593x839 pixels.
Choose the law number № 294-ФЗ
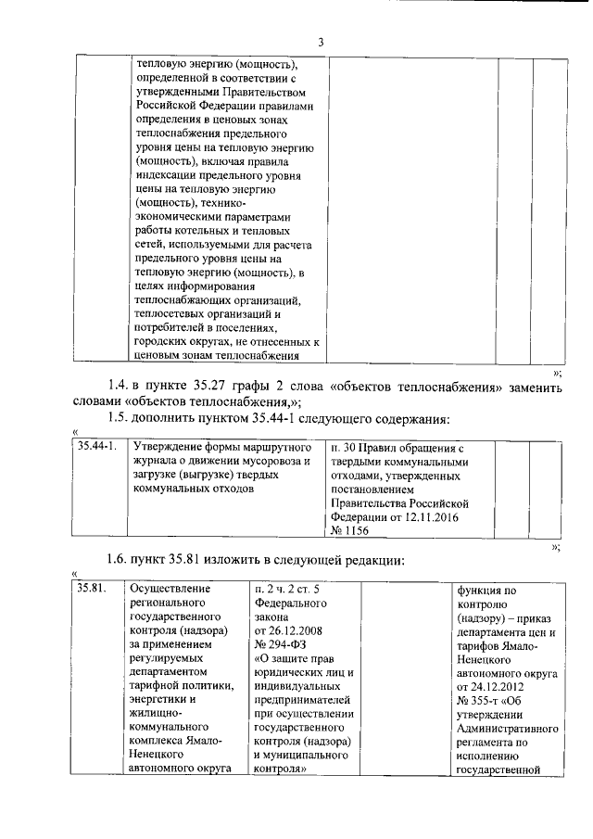[x=279, y=644]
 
